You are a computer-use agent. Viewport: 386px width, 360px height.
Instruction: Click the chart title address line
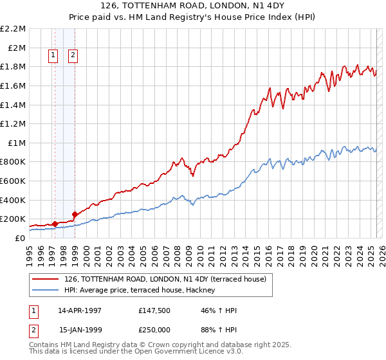[x=193, y=6]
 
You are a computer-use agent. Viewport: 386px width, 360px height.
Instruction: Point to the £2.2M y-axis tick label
[x=13, y=29]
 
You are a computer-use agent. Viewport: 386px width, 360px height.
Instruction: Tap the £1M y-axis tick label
[x=15, y=143]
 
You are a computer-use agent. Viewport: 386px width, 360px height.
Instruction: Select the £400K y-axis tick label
[x=13, y=200]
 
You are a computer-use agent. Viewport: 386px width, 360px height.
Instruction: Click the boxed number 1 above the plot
[x=53, y=56]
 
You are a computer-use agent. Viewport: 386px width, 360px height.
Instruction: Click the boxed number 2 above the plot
[x=73, y=56]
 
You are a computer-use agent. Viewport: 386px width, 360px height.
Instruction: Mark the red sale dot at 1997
[x=55, y=224]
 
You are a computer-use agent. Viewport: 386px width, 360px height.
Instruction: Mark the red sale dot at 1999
[x=75, y=214]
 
